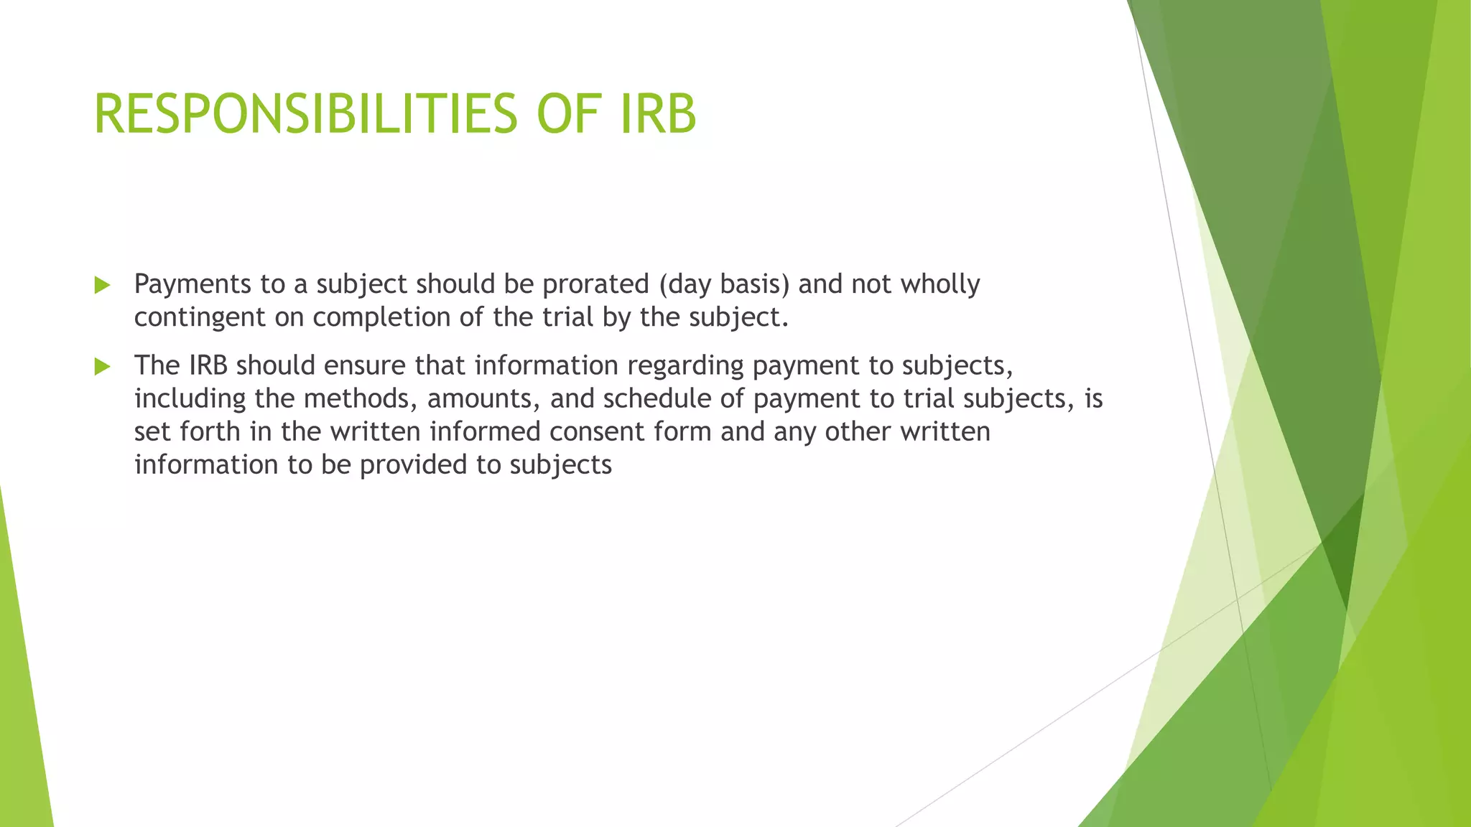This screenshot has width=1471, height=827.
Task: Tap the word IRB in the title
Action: (x=658, y=114)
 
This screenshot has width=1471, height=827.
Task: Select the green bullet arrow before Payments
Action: (x=102, y=286)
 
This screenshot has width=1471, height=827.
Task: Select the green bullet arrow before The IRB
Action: (x=102, y=367)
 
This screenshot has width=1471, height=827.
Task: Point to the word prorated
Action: (x=595, y=284)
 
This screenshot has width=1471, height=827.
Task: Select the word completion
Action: (x=381, y=317)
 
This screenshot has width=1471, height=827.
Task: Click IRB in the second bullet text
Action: (x=208, y=365)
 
